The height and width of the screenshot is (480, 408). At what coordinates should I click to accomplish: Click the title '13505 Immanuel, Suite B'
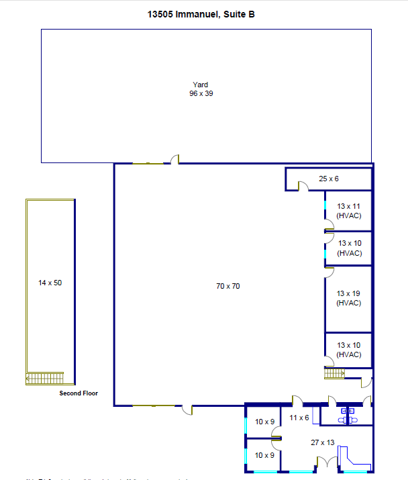201,14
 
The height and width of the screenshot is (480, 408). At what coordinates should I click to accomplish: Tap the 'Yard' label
201,85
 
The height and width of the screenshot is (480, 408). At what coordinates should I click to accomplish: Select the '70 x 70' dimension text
227,286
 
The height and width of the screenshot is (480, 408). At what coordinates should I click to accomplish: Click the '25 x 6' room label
329,179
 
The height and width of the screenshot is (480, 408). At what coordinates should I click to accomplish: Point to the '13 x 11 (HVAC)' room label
349,210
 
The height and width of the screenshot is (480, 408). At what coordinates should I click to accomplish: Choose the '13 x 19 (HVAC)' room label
349,298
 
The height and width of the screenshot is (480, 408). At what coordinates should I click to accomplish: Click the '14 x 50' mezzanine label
50,283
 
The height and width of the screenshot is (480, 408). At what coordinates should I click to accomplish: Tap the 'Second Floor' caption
79,393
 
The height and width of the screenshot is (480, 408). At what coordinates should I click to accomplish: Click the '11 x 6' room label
299,418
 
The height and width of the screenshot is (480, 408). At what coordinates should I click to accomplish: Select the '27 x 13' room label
323,442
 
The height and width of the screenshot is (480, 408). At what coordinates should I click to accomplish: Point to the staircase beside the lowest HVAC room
334,373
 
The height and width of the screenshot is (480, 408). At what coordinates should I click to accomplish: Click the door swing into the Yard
174,160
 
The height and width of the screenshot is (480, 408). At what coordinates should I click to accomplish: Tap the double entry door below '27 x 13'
326,463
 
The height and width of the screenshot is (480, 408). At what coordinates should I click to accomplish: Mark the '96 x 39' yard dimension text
201,93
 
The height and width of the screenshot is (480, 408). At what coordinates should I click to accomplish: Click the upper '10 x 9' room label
264,422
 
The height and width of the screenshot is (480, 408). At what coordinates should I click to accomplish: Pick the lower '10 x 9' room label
264,455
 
